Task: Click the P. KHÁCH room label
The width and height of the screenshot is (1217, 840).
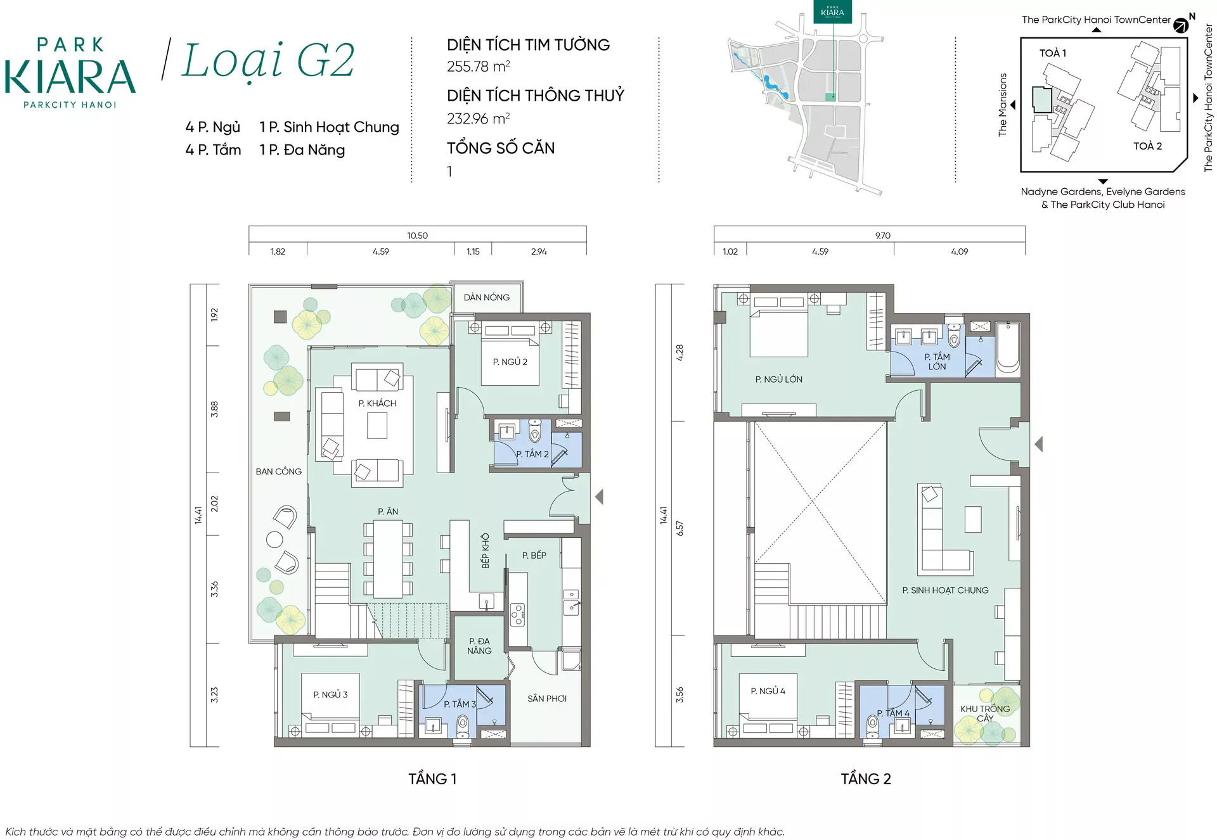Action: click(x=377, y=404)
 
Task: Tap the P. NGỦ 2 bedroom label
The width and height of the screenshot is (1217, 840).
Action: click(x=510, y=362)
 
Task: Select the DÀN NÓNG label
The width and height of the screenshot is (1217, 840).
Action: click(x=487, y=297)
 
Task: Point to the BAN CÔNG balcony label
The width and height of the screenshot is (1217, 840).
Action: click(x=279, y=471)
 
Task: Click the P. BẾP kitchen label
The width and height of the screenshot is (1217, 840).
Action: click(x=534, y=555)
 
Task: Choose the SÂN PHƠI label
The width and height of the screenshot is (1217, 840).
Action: click(x=547, y=699)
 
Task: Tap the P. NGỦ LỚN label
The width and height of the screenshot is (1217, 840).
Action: click(x=779, y=379)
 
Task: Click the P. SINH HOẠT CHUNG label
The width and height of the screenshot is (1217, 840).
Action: click(x=946, y=590)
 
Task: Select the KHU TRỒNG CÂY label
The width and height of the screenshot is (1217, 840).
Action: click(x=985, y=713)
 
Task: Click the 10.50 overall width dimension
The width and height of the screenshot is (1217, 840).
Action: click(x=418, y=236)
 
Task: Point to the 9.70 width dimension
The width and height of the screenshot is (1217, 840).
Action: click(x=883, y=236)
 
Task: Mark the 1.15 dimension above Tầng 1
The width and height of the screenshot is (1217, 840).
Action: click(x=473, y=251)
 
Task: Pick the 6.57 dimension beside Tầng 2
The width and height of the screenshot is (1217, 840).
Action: click(x=680, y=529)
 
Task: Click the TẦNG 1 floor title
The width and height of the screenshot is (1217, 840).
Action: click(x=432, y=779)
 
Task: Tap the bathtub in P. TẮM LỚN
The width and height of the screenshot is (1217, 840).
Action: click(x=1008, y=348)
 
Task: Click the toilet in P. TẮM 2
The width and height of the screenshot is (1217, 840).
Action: click(x=534, y=431)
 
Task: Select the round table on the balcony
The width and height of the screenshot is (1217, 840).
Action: click(x=274, y=540)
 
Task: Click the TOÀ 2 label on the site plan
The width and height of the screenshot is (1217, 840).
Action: click(x=1148, y=146)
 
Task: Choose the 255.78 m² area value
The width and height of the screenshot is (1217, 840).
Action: click(x=479, y=66)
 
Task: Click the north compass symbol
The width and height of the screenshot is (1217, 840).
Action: click(x=1181, y=25)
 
